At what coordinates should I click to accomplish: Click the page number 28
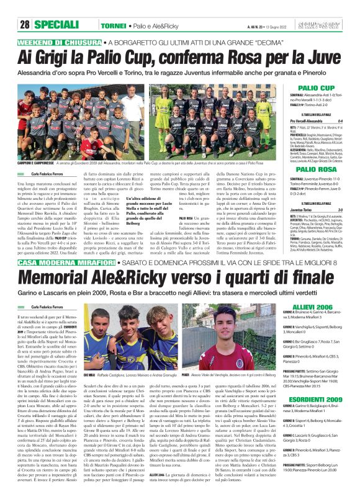pyautogui.click(x=25, y=25)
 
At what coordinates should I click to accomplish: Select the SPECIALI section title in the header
pyautogui.click(x=55, y=25)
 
